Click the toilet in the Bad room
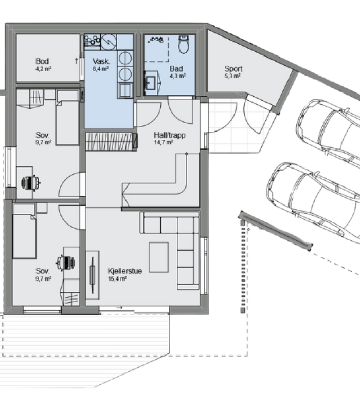coord(184,44)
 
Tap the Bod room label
coord(42,61)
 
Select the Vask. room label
coord(101,61)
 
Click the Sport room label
coord(233,69)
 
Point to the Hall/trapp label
coord(170,135)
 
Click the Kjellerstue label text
coord(125,271)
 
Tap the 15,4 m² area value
coord(117,279)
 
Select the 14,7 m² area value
coord(163,143)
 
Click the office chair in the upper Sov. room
coord(31,182)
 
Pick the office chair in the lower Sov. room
coord(66,262)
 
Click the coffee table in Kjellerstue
coord(159,257)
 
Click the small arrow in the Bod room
coord(76,61)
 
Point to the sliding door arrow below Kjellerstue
coord(119,307)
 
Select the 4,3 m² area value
coord(177,76)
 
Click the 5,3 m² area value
coord(232,76)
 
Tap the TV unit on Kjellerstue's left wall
coord(93,275)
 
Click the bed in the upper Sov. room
coord(67,118)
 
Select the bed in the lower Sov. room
coord(24,231)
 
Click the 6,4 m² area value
coord(100,69)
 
